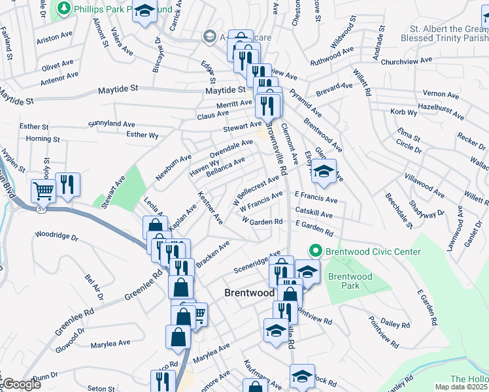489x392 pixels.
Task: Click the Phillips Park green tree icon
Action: (63, 8)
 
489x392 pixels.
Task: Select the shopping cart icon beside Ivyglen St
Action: (43, 191)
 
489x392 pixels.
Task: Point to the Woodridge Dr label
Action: (56, 235)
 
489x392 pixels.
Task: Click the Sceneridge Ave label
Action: (257, 261)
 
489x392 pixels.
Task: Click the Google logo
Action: (22, 385)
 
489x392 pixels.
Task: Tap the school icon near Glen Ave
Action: (323, 172)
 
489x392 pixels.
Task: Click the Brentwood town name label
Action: (249, 293)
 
